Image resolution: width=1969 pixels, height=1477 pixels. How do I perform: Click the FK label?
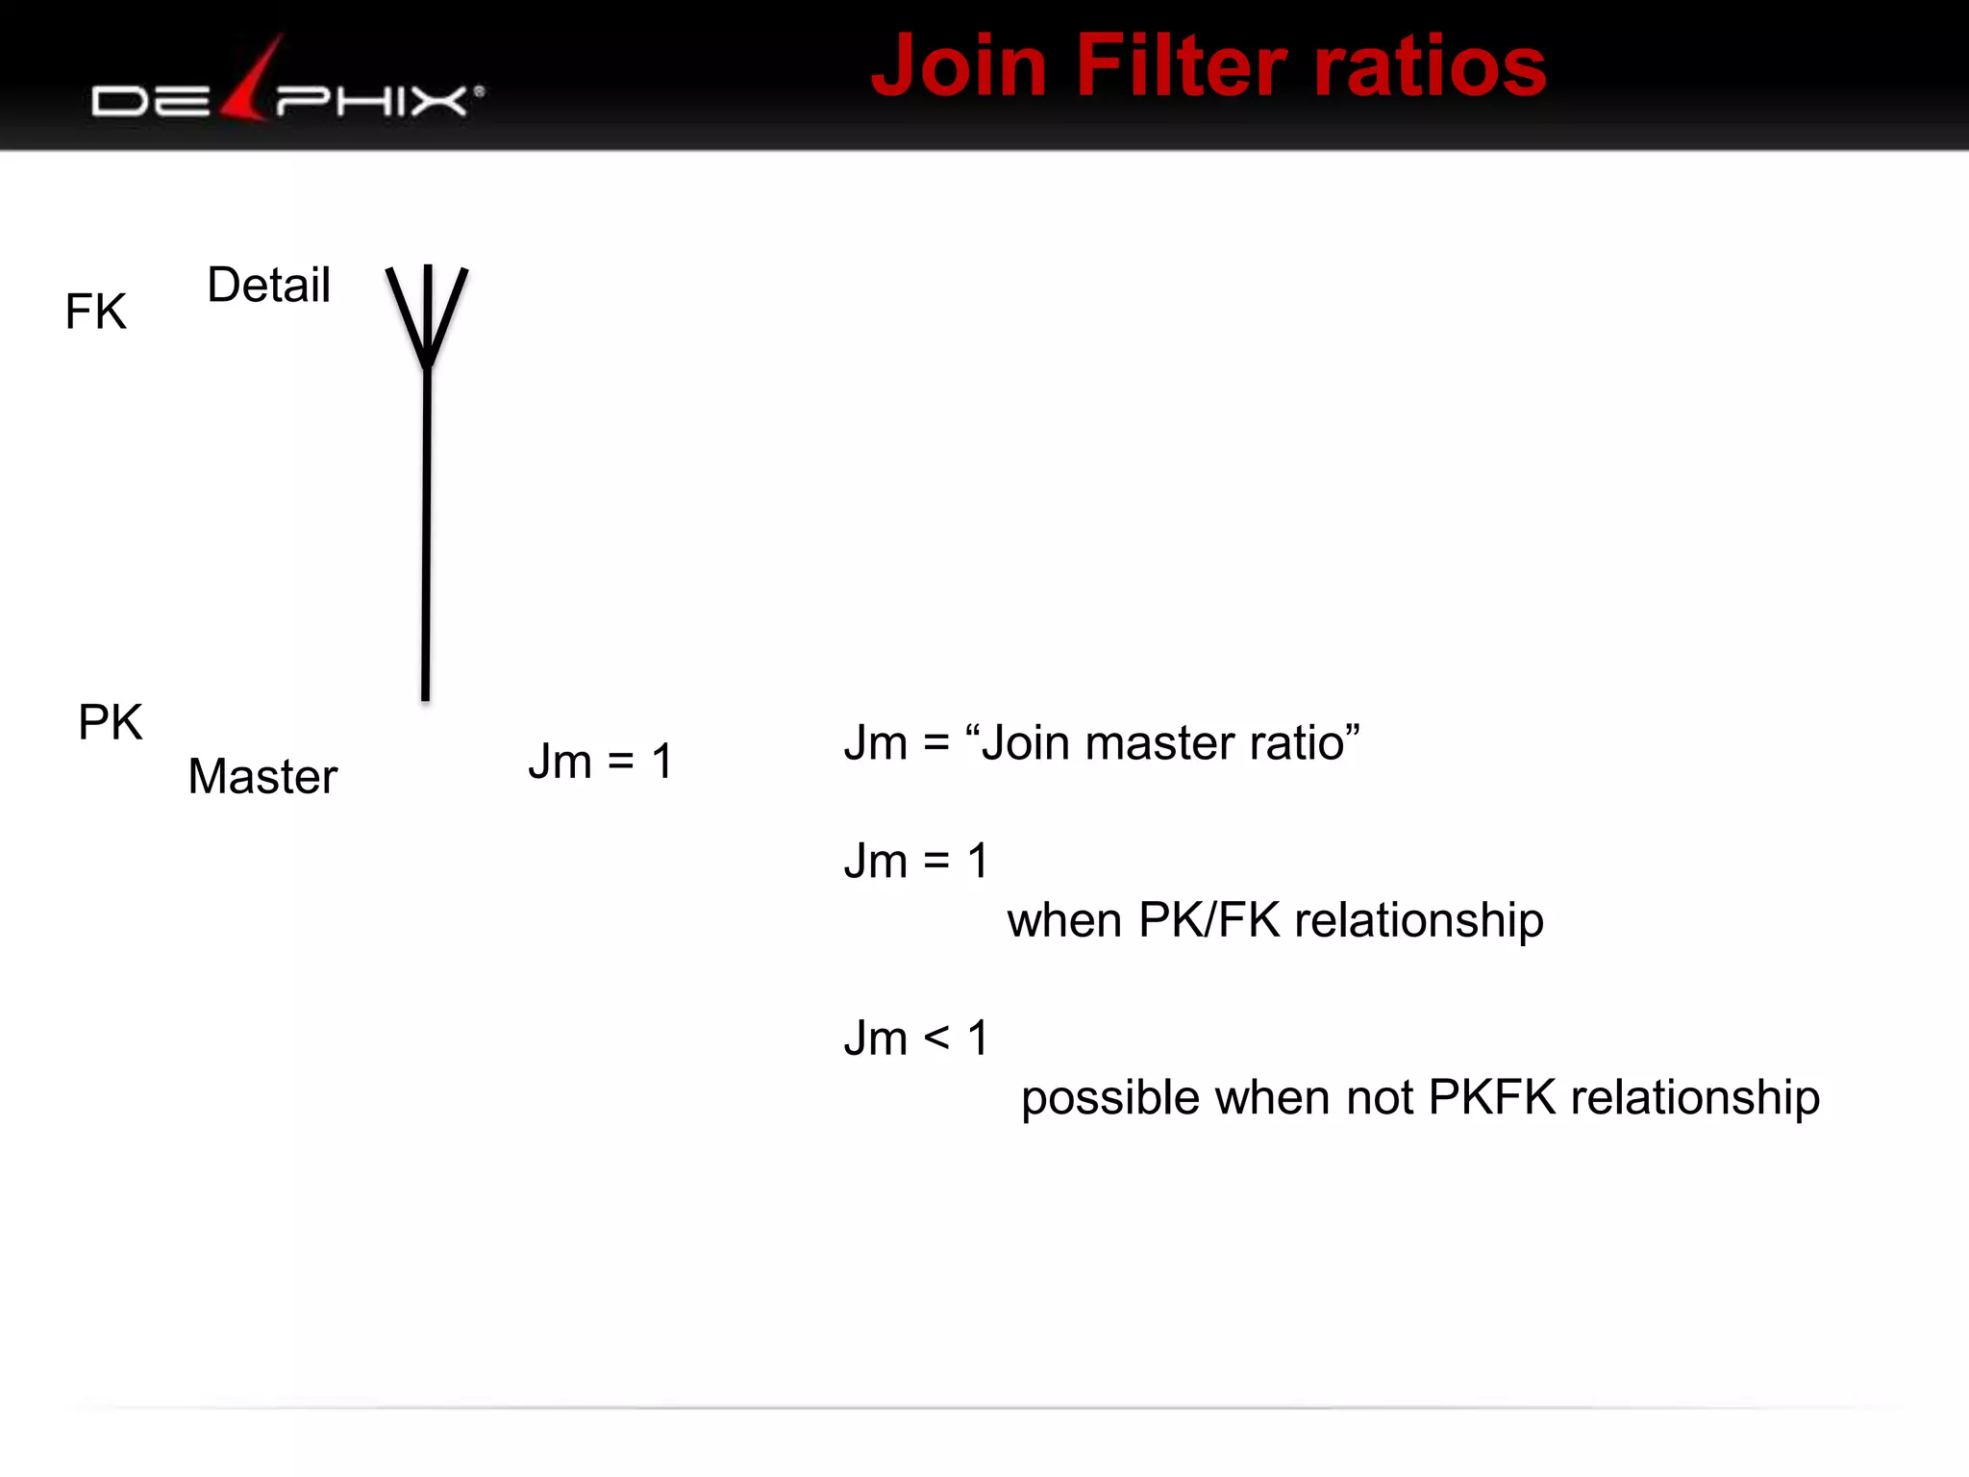(x=95, y=312)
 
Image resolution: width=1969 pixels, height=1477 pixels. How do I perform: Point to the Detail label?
(x=268, y=286)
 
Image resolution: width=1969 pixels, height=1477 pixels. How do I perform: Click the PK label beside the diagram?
(x=110, y=722)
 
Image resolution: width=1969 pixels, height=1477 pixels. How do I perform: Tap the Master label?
(x=262, y=776)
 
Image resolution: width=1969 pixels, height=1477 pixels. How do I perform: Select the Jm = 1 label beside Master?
(x=600, y=762)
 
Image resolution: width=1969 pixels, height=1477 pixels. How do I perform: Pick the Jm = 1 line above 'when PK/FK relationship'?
(x=916, y=861)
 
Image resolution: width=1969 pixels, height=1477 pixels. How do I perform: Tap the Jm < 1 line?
(x=916, y=1039)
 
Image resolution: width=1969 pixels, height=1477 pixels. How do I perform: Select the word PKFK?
(x=1491, y=1098)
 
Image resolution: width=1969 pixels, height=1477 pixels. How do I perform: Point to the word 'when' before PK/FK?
(x=1064, y=920)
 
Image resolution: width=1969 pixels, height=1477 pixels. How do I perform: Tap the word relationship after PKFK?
(x=1695, y=1098)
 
